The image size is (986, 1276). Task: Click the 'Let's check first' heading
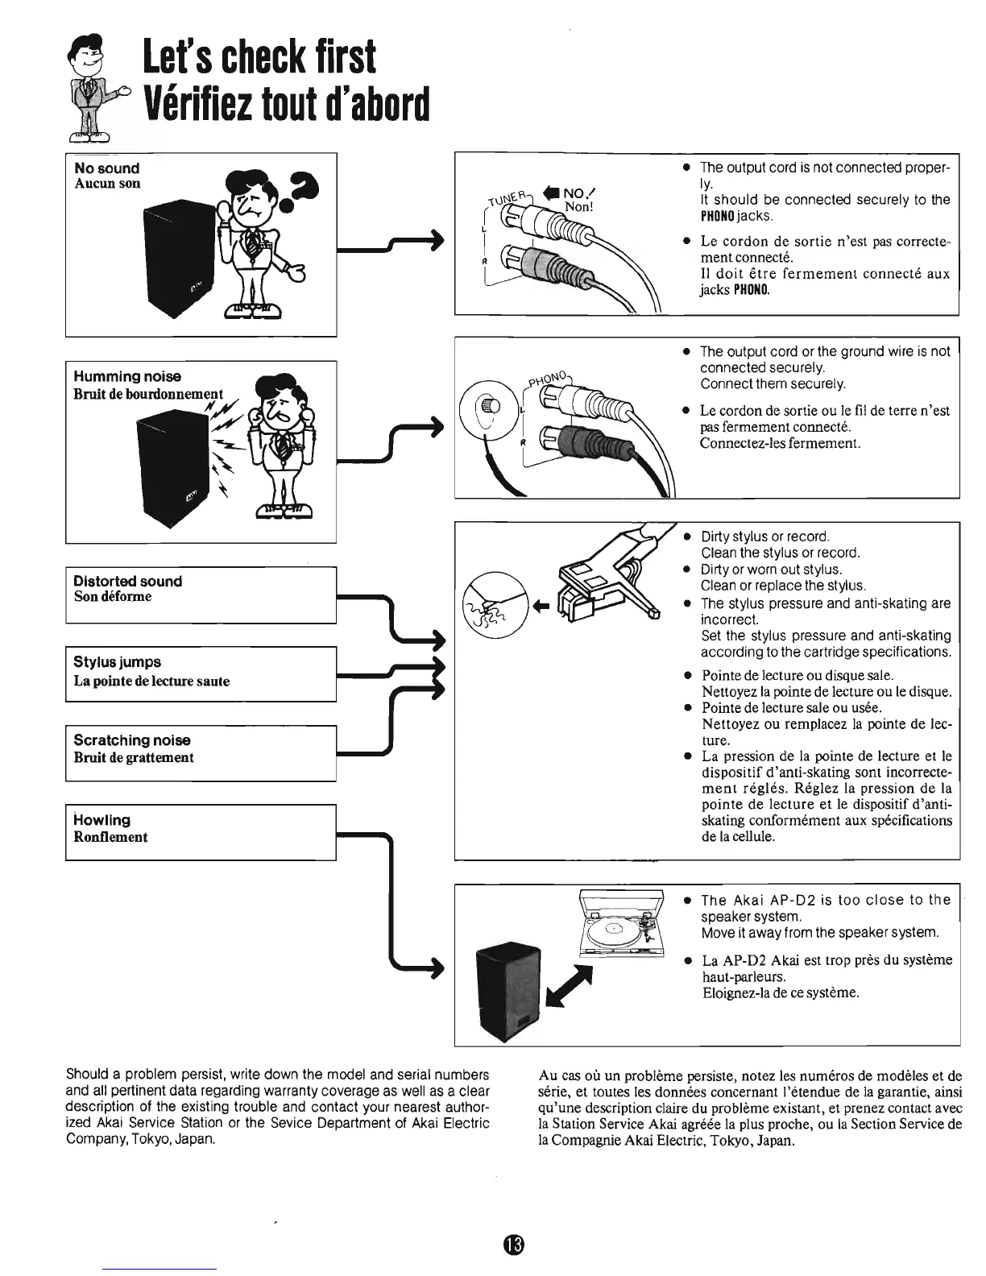pos(259,56)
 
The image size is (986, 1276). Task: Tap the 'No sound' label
pos(106,168)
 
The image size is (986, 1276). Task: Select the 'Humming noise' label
pos(127,376)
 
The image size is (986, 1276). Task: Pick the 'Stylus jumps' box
pos(200,673)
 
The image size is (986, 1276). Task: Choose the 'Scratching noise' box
pos(200,752)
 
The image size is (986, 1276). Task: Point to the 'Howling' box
pos(200,831)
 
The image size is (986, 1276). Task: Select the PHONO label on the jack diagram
pos(549,376)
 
